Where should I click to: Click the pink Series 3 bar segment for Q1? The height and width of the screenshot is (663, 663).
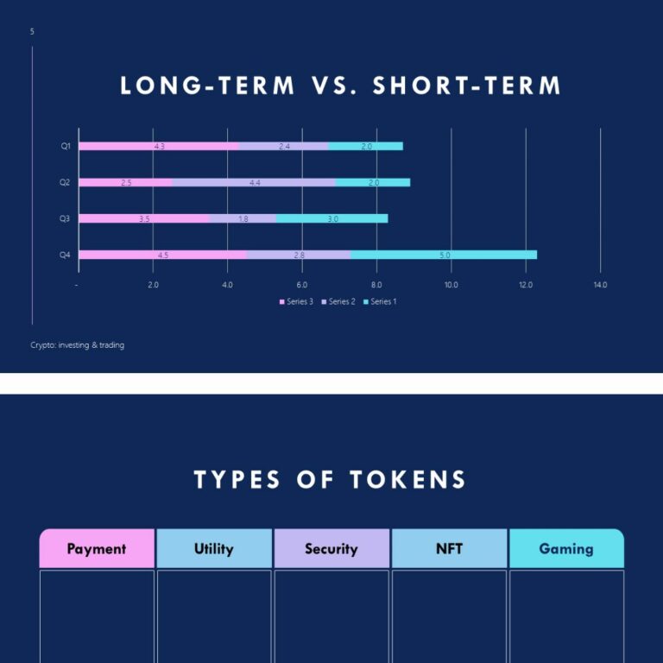(159, 146)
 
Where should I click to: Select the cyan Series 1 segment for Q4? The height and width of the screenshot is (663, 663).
(444, 255)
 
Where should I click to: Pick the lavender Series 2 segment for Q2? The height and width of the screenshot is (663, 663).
(254, 182)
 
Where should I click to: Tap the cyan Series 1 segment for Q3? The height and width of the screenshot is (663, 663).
(332, 218)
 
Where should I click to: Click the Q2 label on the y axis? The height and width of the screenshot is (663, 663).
(65, 182)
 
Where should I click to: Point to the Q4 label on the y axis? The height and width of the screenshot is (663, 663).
(65, 255)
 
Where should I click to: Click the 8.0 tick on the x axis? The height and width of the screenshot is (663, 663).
(376, 285)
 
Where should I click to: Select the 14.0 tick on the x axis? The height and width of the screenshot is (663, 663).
(600, 285)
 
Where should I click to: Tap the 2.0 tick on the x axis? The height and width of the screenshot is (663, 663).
(153, 285)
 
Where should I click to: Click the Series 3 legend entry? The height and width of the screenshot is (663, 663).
(296, 301)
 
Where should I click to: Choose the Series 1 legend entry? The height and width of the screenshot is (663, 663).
(380, 301)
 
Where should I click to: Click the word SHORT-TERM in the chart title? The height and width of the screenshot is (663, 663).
(467, 86)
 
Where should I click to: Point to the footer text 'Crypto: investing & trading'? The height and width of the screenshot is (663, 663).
(77, 345)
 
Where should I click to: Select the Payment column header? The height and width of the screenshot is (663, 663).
(97, 548)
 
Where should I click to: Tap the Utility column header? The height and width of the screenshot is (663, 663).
(214, 548)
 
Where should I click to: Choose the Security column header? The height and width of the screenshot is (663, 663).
(331, 548)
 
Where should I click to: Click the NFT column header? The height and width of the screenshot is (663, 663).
(449, 548)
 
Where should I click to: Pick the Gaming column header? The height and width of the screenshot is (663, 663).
(566, 548)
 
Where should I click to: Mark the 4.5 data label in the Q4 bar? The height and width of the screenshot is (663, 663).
(163, 256)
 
